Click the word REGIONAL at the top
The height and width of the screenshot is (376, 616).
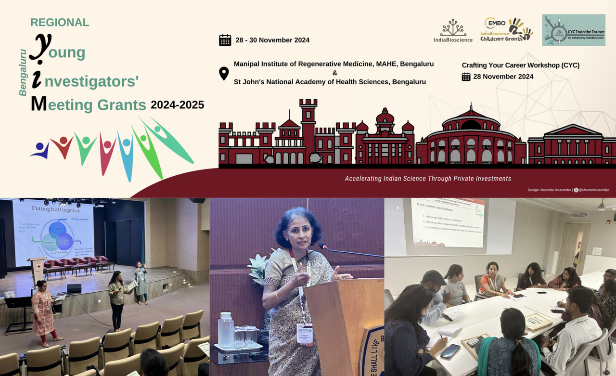60,23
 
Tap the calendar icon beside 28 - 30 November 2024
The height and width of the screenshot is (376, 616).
225,40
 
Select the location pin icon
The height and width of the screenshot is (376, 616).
224,74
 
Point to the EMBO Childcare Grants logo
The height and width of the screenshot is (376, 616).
506,30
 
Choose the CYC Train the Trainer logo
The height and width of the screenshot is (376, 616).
574,30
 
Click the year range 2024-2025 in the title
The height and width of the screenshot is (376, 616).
177,105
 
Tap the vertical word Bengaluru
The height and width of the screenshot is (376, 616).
23,72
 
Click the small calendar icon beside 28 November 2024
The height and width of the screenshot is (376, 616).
466,77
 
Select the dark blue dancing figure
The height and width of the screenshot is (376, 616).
40,150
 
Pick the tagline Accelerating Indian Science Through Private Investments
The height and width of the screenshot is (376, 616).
428,179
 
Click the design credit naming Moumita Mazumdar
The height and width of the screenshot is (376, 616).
568,190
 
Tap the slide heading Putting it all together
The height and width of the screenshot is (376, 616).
56,209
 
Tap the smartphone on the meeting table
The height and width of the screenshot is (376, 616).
450,351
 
